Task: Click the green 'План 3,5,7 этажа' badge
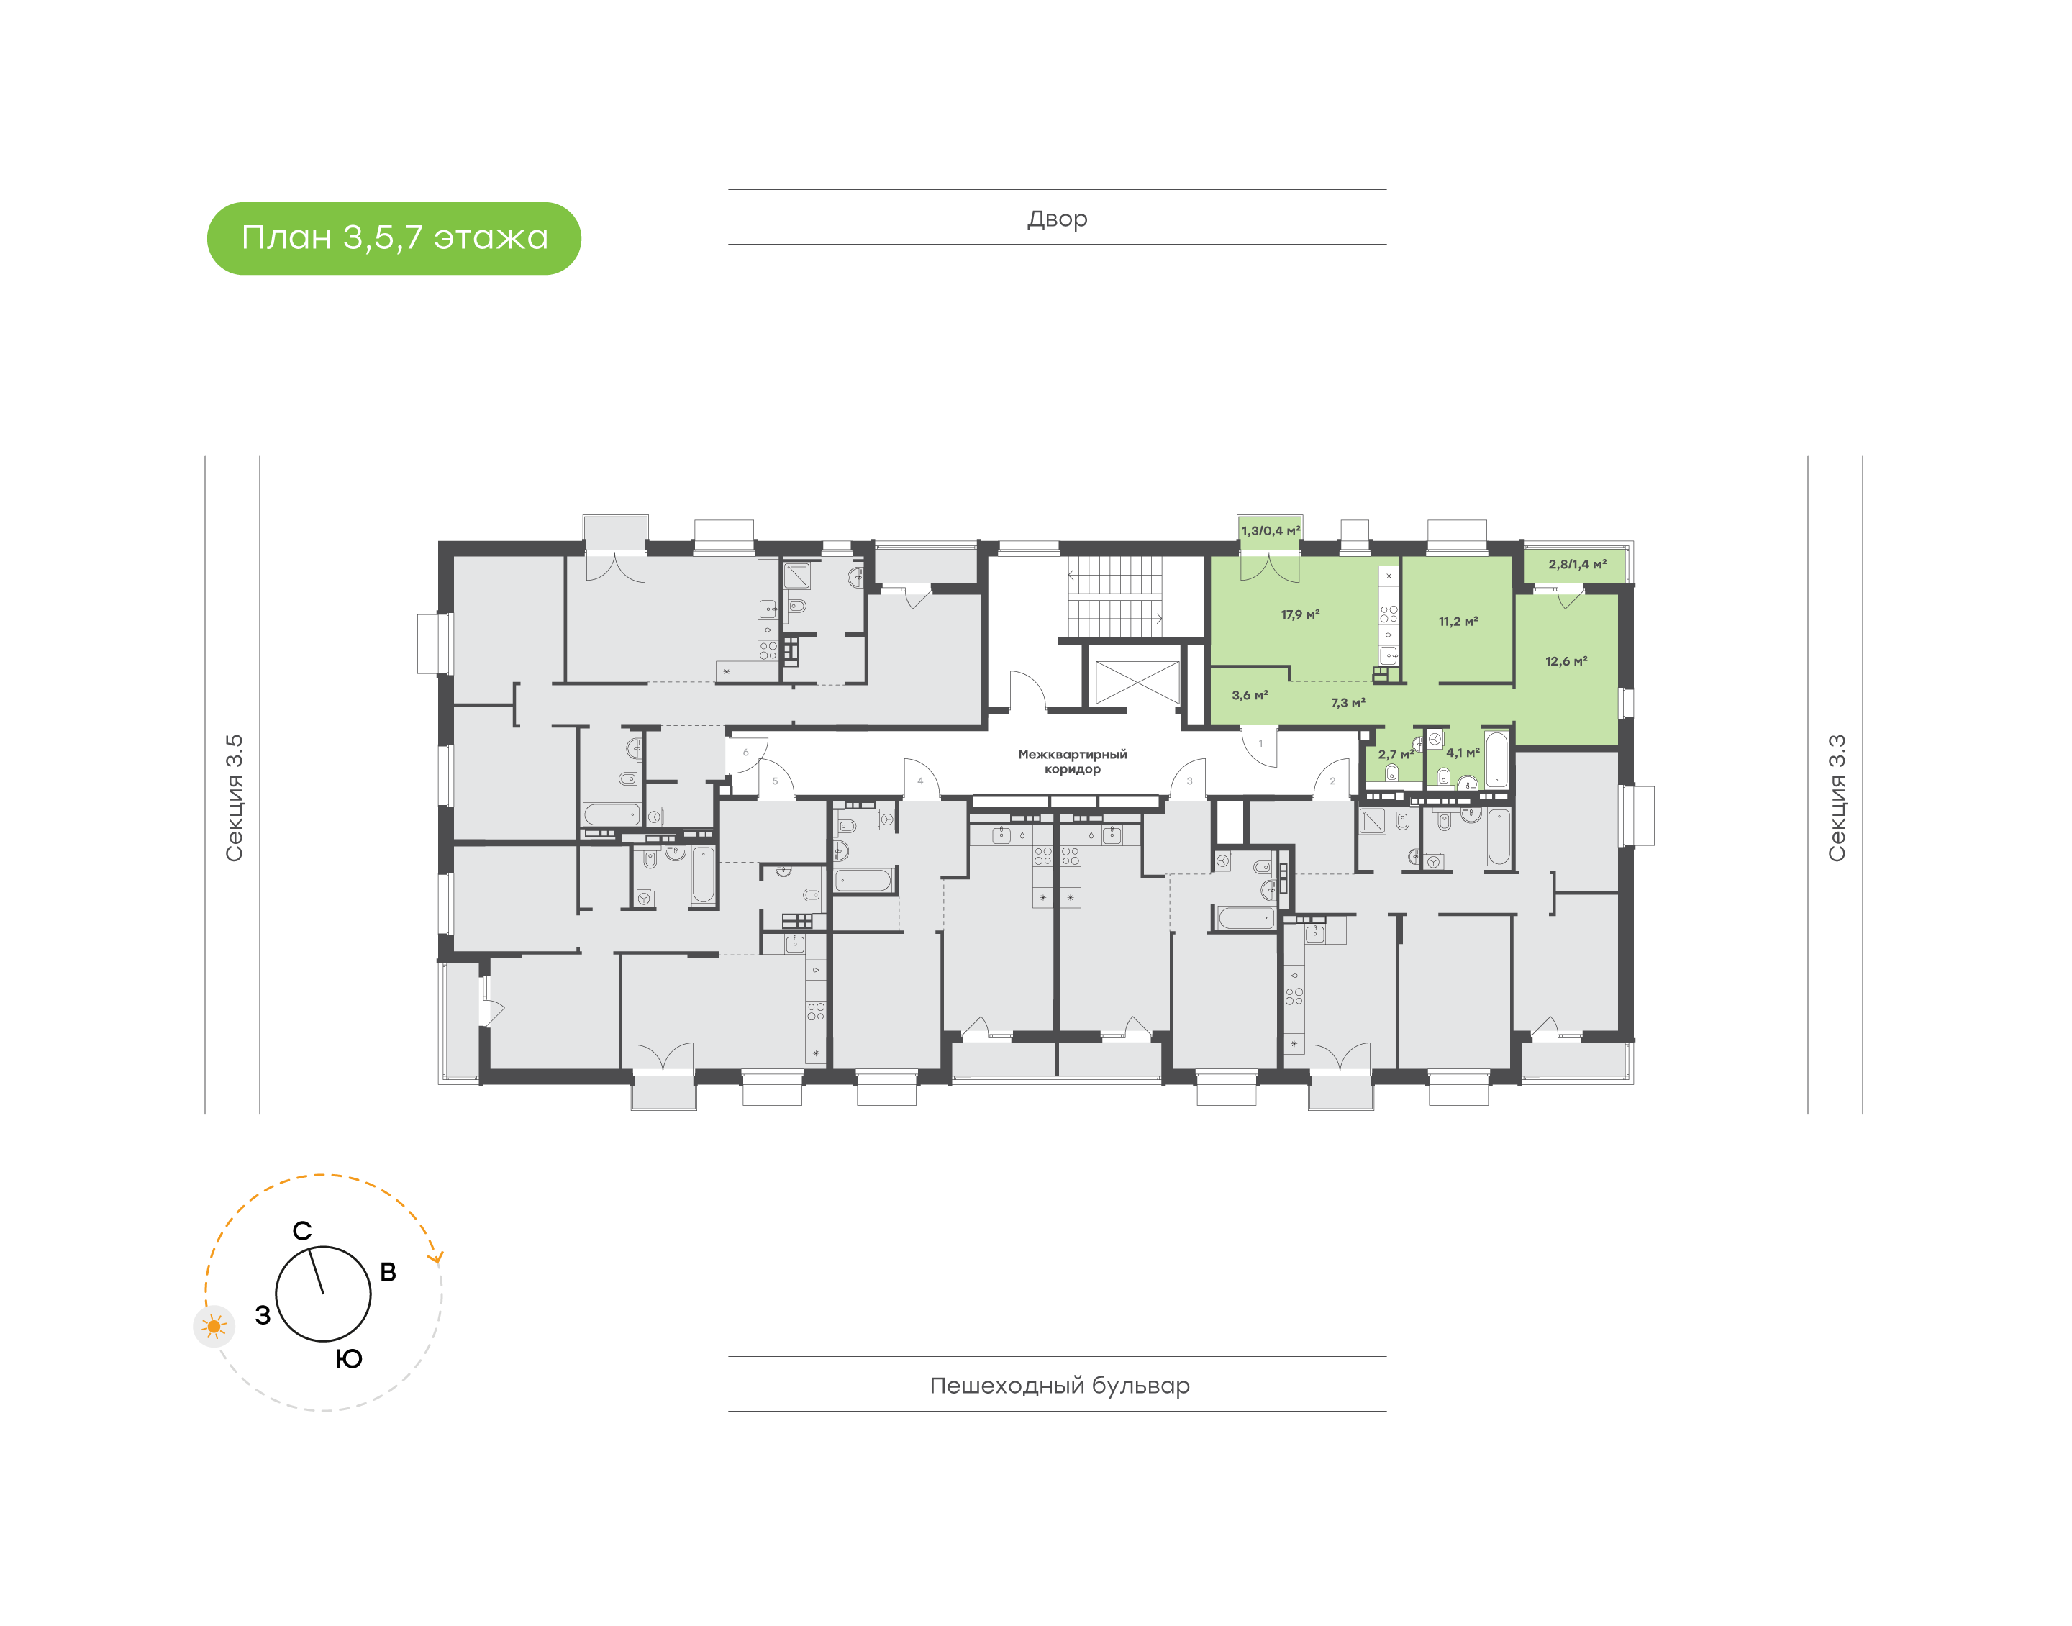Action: tap(394, 238)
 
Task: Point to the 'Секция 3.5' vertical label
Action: tap(234, 798)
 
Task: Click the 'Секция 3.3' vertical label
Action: tap(1836, 798)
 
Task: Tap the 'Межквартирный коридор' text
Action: tap(1073, 762)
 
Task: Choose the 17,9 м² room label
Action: tap(1300, 615)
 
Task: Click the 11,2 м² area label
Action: tap(1458, 622)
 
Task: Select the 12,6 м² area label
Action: tap(1567, 660)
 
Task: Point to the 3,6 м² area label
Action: tap(1250, 696)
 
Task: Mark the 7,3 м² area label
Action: tap(1348, 703)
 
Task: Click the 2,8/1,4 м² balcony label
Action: tap(1577, 565)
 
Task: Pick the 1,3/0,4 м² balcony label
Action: tap(1271, 531)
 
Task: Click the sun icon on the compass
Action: tap(214, 1326)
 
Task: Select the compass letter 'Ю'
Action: tap(350, 1358)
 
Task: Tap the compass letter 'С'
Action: tap(301, 1231)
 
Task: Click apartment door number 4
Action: tap(920, 781)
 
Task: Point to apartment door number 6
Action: tap(745, 753)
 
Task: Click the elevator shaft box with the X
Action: tap(1137, 683)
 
